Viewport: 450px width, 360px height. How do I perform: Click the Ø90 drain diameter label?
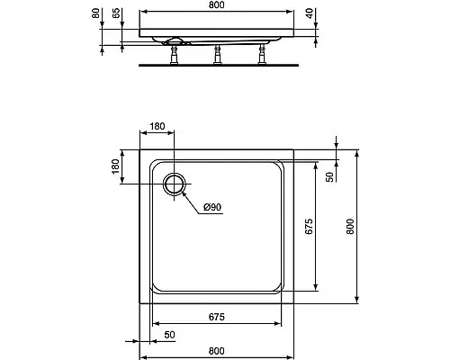coord(212,207)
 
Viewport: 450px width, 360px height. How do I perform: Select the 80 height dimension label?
coord(95,13)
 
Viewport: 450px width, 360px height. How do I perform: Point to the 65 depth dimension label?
coord(116,13)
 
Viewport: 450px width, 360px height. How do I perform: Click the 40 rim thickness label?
coord(310,13)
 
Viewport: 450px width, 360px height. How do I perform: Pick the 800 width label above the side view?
coord(217,4)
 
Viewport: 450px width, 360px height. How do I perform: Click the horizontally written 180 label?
coord(157,126)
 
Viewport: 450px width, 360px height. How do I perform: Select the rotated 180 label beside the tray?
coord(115,166)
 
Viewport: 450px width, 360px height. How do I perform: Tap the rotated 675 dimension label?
coord(309,227)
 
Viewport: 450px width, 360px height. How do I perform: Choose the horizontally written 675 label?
coord(217,317)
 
